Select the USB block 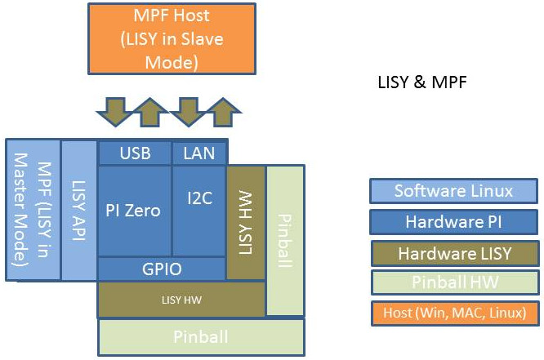tap(135, 153)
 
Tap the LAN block tap(198, 153)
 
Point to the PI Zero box tap(134, 210)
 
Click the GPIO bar tap(162, 269)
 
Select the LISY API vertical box tap(79, 210)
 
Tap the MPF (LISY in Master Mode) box tap(33, 210)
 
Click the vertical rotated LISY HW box tap(245, 222)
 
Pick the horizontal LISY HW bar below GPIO tap(181, 300)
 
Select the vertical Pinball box tap(285, 241)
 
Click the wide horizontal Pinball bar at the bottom tap(201, 336)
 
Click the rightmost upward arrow tap(223, 110)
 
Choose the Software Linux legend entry tap(453, 191)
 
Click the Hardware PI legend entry tap(453, 222)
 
